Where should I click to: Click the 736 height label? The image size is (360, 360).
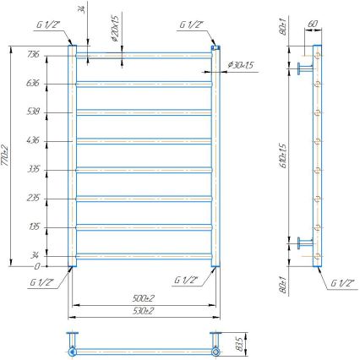click(x=35, y=55)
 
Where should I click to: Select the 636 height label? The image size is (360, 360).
click(x=35, y=83)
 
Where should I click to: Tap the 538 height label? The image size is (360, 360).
click(x=35, y=112)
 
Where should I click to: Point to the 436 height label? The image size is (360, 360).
click(x=35, y=140)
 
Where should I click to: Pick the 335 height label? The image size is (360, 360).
click(x=35, y=169)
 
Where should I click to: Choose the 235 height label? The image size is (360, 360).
click(x=35, y=198)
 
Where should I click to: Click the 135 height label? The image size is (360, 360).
click(x=35, y=226)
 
